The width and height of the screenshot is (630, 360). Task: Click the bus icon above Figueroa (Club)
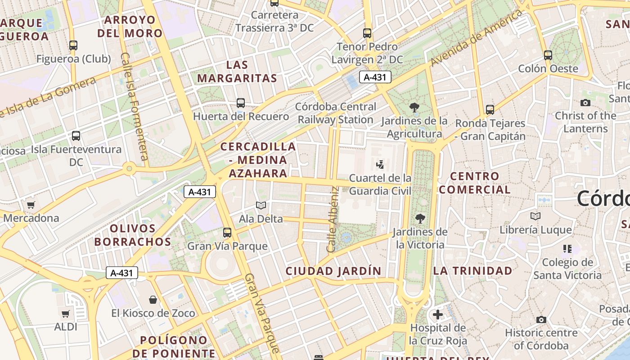click(x=73, y=45)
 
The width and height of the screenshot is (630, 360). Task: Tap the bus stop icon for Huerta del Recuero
click(x=241, y=103)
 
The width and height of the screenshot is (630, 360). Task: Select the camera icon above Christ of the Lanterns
click(x=585, y=103)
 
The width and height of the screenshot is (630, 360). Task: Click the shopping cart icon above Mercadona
click(x=31, y=205)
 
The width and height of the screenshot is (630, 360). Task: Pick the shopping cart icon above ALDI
click(x=66, y=314)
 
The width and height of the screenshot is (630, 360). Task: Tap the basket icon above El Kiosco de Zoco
click(x=153, y=300)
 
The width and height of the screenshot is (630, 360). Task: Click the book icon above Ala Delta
click(x=261, y=206)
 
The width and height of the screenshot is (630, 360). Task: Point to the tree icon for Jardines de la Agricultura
click(x=414, y=108)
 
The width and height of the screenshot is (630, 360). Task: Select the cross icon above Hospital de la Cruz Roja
click(x=438, y=315)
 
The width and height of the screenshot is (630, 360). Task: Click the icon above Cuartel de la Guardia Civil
click(x=380, y=165)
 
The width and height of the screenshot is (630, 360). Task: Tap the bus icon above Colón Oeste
click(x=548, y=55)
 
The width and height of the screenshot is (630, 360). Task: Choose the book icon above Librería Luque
click(x=535, y=216)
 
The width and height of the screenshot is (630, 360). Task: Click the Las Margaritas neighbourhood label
click(x=237, y=72)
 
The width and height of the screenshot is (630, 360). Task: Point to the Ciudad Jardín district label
click(x=333, y=271)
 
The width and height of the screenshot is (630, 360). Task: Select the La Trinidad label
click(x=472, y=271)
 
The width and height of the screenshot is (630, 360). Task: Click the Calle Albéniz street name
click(x=333, y=219)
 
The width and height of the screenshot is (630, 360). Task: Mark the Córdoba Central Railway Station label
click(x=336, y=113)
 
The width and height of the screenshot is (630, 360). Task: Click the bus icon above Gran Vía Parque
click(x=227, y=233)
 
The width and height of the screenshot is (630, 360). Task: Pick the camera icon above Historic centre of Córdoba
click(x=541, y=319)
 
